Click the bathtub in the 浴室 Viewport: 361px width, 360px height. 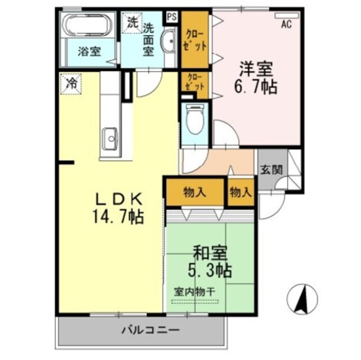87,26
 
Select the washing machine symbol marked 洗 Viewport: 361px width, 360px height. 131,24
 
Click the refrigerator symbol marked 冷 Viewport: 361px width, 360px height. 72,84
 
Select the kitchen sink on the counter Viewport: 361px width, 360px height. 110,137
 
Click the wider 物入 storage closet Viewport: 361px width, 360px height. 195,192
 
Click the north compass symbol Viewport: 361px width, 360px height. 302,299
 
